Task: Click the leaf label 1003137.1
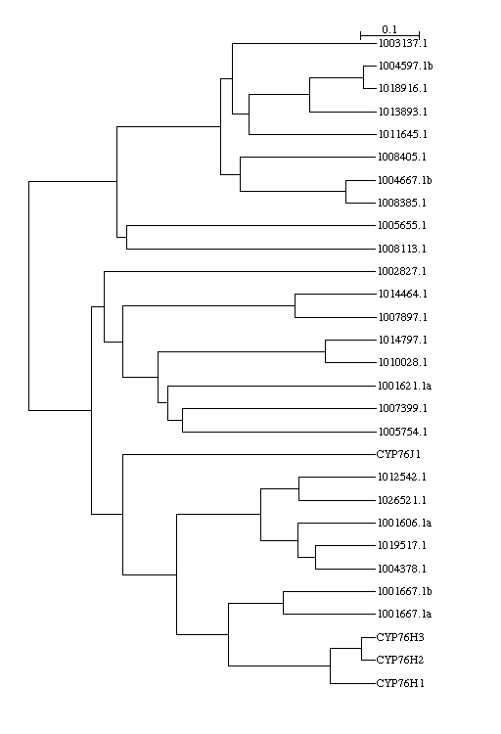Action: pyautogui.click(x=403, y=43)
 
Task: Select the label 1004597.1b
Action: pyautogui.click(x=405, y=66)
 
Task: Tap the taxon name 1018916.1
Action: pyautogui.click(x=403, y=88)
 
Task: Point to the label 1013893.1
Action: pyautogui.click(x=403, y=112)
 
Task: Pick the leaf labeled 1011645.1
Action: pyautogui.click(x=403, y=134)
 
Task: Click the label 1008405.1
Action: pyautogui.click(x=402, y=157)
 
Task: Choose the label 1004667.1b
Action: pyautogui.click(x=405, y=180)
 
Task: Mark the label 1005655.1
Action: pyautogui.click(x=402, y=226)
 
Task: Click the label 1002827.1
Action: pyautogui.click(x=402, y=271)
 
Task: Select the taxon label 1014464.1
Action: pyautogui.click(x=403, y=294)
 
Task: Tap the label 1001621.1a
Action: pyautogui.click(x=404, y=387)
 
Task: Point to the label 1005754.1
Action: pyautogui.click(x=403, y=432)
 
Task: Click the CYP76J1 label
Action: pyautogui.click(x=398, y=454)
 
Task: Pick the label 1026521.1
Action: pyautogui.click(x=402, y=500)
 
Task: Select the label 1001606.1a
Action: pyautogui.click(x=404, y=523)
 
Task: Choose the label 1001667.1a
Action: pyautogui.click(x=404, y=614)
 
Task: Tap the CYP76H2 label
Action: pyautogui.click(x=400, y=660)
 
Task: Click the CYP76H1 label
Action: pyautogui.click(x=400, y=683)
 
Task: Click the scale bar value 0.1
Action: pyautogui.click(x=389, y=29)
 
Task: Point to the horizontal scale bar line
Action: pyautogui.click(x=390, y=35)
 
